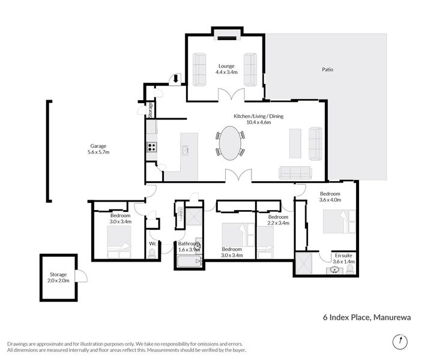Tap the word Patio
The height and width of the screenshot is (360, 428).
[x=327, y=70]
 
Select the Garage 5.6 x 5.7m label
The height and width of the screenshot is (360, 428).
[x=99, y=149]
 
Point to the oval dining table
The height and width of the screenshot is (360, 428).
[x=230, y=143]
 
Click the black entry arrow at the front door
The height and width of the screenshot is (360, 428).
[x=176, y=78]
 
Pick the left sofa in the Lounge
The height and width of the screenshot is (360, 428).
[x=199, y=69]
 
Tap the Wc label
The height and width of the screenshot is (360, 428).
[x=152, y=244]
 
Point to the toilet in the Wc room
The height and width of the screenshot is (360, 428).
[x=152, y=254]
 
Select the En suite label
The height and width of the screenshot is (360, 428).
[x=343, y=259]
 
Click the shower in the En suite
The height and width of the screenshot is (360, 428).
[x=305, y=262]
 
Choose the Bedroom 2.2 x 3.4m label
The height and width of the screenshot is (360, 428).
[x=279, y=220]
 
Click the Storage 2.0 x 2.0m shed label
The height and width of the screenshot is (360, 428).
[x=58, y=277]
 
